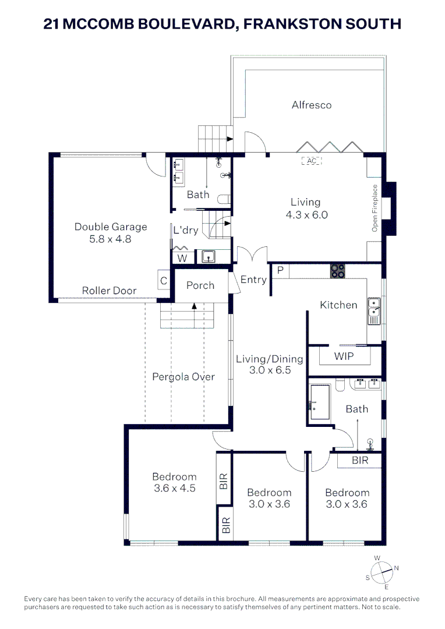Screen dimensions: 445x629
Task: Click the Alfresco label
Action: (312, 105)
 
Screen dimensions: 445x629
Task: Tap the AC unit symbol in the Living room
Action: (312, 161)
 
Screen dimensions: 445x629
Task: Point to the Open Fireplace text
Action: (375, 208)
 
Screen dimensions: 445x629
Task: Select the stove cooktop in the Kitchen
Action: (337, 271)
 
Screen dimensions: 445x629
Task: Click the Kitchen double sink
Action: (374, 311)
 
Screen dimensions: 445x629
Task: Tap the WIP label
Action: (344, 356)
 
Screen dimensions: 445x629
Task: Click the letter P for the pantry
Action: (281, 270)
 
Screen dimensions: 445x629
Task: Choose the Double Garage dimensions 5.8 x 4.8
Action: (110, 239)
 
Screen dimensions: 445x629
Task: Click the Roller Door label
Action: (109, 291)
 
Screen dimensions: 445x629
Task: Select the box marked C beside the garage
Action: (164, 280)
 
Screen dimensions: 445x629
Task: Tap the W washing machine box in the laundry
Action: (182, 258)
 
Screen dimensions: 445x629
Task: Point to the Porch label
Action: (200, 285)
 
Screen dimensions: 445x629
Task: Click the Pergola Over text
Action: (183, 377)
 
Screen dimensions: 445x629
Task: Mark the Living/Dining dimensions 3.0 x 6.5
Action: (270, 370)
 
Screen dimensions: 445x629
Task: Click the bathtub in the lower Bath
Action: (320, 402)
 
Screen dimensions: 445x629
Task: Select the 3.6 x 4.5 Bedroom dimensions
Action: (175, 488)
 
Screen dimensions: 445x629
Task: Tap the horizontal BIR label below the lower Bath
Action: (360, 460)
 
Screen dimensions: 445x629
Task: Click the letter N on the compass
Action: (397, 568)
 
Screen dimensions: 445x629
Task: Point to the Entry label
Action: (253, 280)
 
